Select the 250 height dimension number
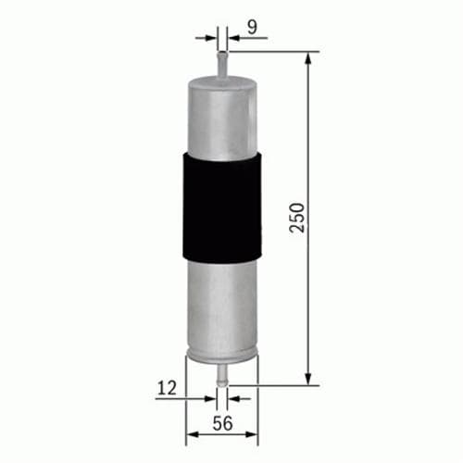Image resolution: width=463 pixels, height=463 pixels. [296, 219]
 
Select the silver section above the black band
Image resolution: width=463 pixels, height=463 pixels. [222, 116]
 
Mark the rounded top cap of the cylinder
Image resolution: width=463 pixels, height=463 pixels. [222, 81]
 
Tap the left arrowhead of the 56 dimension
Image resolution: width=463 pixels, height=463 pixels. [191, 432]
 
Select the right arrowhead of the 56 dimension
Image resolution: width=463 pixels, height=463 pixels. [253, 432]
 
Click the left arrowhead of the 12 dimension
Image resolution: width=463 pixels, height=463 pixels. [211, 399]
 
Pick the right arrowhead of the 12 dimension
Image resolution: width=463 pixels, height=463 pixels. [232, 399]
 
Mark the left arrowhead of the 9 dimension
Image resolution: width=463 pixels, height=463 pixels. [213, 38]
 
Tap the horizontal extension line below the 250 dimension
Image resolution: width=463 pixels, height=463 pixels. [278, 384]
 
